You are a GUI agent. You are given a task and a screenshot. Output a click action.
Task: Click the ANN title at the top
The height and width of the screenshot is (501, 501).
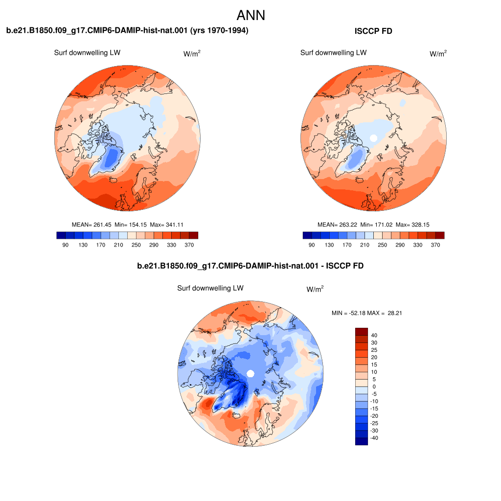pos(251,15)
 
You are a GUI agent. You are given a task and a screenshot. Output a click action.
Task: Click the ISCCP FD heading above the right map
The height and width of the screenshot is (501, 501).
pos(373,31)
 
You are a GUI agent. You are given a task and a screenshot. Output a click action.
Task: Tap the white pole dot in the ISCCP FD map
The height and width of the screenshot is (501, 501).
pos(373,138)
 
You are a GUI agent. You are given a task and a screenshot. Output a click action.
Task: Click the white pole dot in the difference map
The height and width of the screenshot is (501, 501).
pos(250,373)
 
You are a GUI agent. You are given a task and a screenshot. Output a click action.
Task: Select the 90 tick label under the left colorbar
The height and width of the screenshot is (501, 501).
pos(65,245)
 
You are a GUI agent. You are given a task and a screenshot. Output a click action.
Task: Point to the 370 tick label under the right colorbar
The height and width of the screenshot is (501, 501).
pos(435,245)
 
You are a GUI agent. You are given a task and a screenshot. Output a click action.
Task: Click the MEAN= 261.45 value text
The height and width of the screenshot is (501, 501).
pos(91,225)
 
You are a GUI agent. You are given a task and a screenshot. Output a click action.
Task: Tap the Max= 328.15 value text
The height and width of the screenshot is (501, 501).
pos(412,225)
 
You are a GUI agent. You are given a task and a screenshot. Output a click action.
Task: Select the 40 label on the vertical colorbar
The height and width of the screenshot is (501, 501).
pos(374,335)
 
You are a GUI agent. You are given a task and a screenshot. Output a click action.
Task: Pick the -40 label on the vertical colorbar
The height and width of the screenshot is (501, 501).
pos(374,438)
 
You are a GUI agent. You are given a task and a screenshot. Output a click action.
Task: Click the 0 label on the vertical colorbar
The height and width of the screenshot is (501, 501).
pos(374,387)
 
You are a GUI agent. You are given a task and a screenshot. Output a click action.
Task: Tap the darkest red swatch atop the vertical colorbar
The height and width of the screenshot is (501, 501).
pos(362,331)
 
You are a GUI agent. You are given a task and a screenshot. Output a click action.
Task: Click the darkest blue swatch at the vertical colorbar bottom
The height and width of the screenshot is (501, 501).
pos(362,441)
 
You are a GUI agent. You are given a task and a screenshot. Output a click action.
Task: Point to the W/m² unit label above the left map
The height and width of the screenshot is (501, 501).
pos(192,53)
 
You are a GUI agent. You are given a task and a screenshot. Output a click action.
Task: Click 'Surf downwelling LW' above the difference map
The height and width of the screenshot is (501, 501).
pos(210,288)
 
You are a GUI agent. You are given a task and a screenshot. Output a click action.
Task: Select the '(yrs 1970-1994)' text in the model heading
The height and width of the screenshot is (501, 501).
pos(219,30)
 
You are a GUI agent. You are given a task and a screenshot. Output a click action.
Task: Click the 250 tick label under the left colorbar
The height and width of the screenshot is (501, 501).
pos(136,245)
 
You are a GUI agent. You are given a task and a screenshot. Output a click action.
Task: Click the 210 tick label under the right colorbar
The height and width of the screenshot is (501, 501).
pos(364,245)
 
